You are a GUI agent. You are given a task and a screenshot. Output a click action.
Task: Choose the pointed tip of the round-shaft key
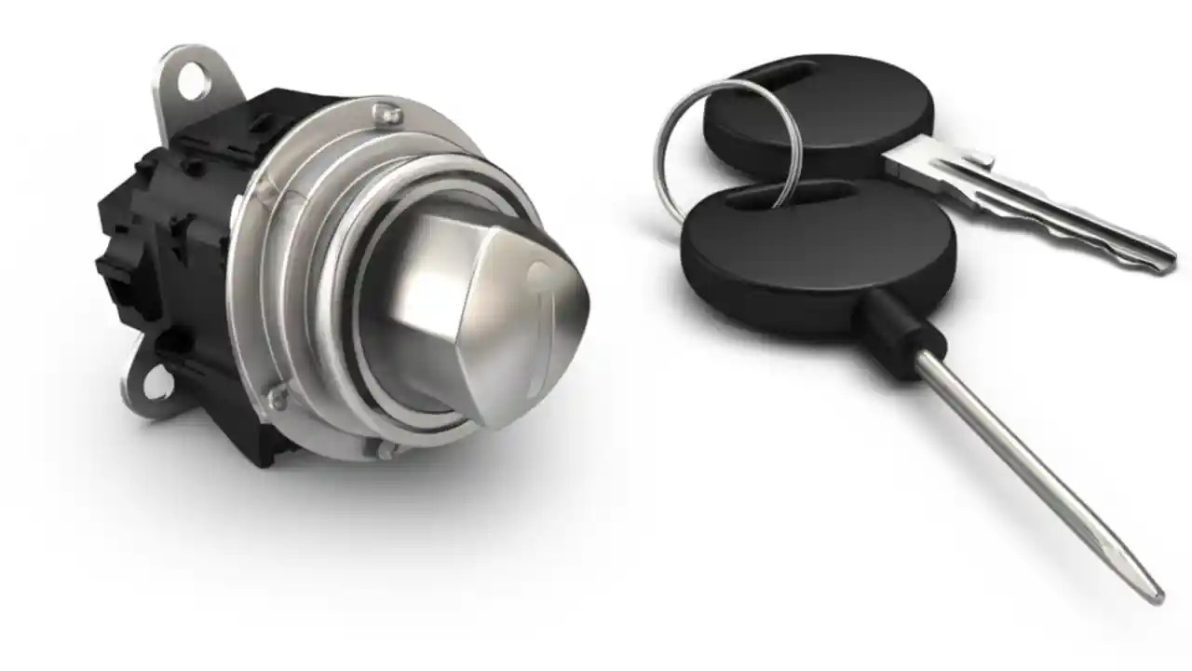click(x=1155, y=594)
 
